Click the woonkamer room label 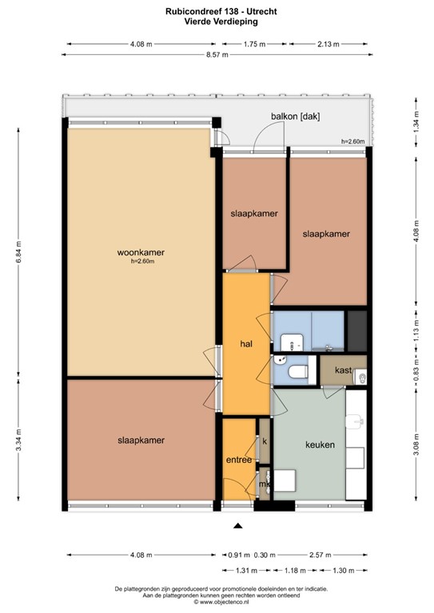coord(141,252)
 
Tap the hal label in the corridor coord(246,344)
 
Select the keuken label coord(321,445)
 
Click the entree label coord(239,460)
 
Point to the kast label coord(343,370)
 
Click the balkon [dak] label coord(296,116)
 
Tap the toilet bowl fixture coord(299,371)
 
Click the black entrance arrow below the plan coord(237,526)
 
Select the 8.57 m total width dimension coord(217,55)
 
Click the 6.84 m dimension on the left coord(18,252)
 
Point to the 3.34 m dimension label coord(18,440)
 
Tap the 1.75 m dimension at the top coord(254,44)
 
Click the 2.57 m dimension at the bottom coord(321,555)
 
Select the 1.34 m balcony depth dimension coord(416,122)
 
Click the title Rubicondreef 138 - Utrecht coord(221,12)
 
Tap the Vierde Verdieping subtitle coord(221,22)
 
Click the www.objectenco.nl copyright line coord(221,603)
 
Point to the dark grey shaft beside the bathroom coord(357,330)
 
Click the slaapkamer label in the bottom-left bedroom coord(141,441)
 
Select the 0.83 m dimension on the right coord(416,370)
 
